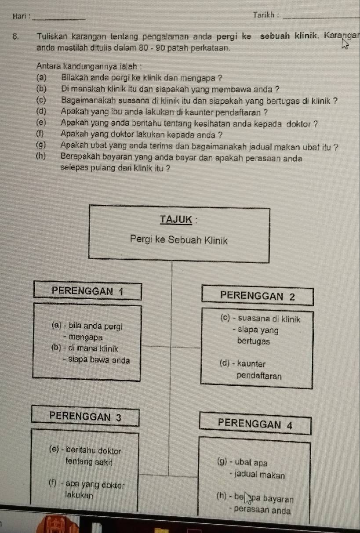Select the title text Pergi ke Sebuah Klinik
point(179,240)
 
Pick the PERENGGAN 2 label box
point(258,296)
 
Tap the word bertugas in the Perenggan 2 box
point(253,341)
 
